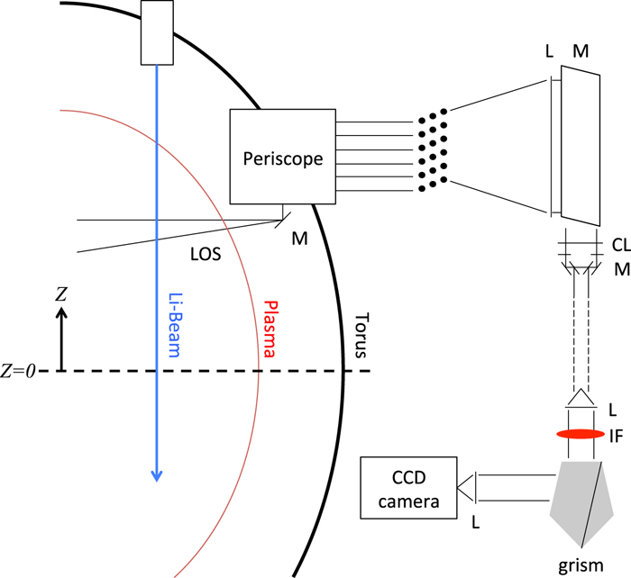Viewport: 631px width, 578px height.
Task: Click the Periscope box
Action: [x=282, y=158]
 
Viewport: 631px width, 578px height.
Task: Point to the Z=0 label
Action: [x=19, y=371]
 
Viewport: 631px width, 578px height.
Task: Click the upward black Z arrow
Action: [x=61, y=338]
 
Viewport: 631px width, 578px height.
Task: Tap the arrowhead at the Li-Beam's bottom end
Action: [x=157, y=474]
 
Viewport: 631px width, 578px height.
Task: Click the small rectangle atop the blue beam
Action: [x=157, y=32]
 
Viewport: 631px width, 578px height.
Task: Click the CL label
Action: [x=617, y=243]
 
